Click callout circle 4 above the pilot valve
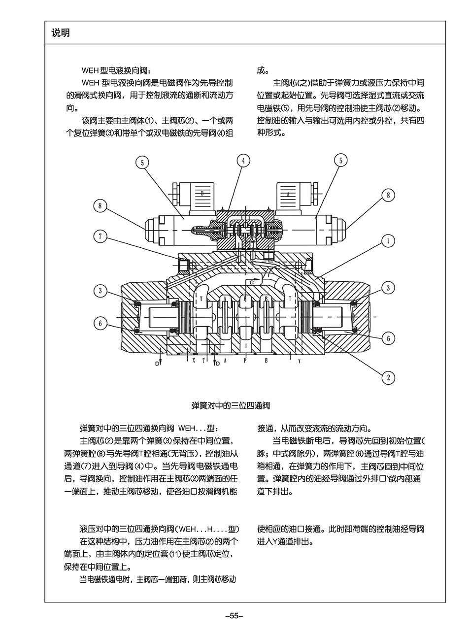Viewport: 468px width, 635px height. click(x=242, y=161)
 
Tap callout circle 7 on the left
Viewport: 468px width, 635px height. click(x=100, y=236)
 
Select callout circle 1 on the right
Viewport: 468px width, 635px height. click(x=388, y=240)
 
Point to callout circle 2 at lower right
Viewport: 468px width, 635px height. click(x=388, y=378)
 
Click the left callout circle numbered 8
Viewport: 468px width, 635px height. click(x=100, y=205)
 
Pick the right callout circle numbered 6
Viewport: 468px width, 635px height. click(x=388, y=338)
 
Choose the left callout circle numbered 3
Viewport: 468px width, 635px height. click(x=100, y=291)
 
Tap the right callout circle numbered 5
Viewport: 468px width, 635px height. click(x=340, y=161)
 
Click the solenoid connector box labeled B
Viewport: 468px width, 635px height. click(x=201, y=194)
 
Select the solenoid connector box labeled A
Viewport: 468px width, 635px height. click(x=287, y=194)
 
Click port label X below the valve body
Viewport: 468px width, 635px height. click(x=194, y=361)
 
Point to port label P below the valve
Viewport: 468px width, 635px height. click(x=245, y=361)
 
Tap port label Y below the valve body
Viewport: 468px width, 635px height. click(x=299, y=361)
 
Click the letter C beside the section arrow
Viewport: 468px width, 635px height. click(x=251, y=282)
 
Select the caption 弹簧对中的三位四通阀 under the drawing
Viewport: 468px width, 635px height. click(x=231, y=406)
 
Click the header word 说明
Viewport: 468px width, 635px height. click(x=61, y=33)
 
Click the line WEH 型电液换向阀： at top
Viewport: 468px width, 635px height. click(x=115, y=70)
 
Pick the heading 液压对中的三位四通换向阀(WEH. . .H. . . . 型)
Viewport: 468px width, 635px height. click(x=160, y=529)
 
